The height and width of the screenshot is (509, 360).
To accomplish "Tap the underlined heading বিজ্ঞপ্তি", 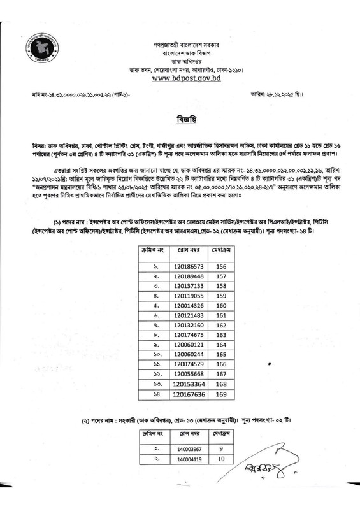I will point(180,119).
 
